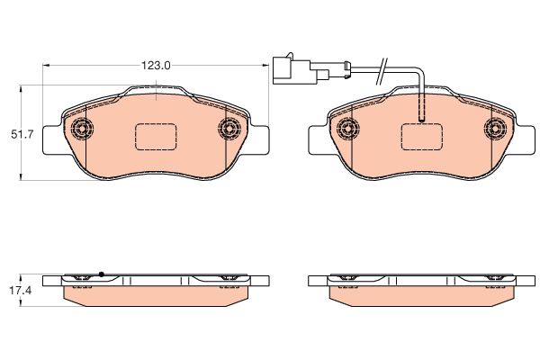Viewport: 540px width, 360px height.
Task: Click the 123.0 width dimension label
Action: [156, 66]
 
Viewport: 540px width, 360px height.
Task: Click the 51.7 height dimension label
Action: [22, 134]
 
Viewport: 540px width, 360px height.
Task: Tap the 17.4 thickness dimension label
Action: [20, 291]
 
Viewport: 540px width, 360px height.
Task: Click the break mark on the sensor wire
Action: [382, 71]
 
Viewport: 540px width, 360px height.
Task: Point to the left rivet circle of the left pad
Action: [82, 130]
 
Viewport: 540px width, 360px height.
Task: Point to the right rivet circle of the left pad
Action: [229, 130]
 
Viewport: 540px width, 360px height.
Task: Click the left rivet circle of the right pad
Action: [348, 129]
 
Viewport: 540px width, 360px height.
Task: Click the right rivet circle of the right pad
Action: [495, 129]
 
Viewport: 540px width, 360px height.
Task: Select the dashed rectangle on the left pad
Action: [156, 137]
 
